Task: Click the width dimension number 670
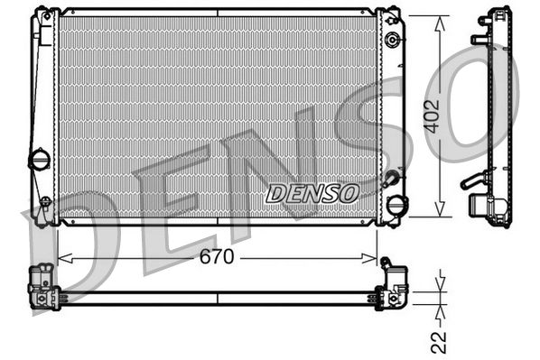pyautogui.click(x=217, y=258)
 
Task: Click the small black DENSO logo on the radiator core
pyautogui.click(x=312, y=192)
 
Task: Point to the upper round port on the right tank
pyautogui.click(x=393, y=41)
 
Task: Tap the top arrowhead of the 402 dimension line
pyautogui.click(x=440, y=21)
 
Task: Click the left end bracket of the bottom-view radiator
pyautogui.click(x=43, y=288)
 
